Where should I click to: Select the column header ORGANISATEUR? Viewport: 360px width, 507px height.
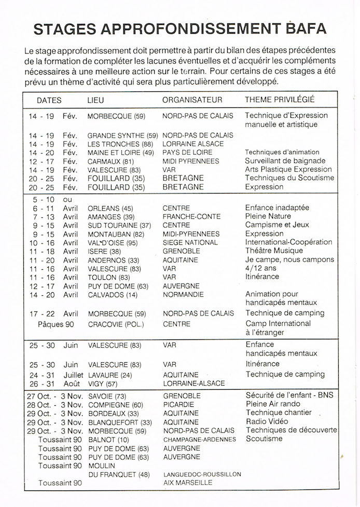pyautogui.click(x=192, y=100)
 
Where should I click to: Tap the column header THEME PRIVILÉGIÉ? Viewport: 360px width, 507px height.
pyautogui.click(x=280, y=100)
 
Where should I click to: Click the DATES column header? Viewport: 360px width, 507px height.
pyautogui.click(x=49, y=100)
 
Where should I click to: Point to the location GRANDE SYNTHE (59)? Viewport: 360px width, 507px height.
pyautogui.click(x=122, y=135)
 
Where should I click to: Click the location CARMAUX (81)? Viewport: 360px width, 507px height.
pyautogui.click(x=109, y=161)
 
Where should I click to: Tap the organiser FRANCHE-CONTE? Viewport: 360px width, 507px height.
pyautogui.click(x=191, y=217)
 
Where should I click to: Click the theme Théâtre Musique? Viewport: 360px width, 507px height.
pyautogui.click(x=274, y=251)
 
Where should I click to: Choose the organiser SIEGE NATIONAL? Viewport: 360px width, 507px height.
pyautogui.click(x=190, y=242)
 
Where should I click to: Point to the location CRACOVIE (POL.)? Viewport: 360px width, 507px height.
pyautogui.click(x=115, y=324)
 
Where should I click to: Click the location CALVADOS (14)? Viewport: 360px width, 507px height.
pyautogui.click(x=113, y=294)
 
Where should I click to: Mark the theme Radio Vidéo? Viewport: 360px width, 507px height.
pyautogui.click(x=267, y=421)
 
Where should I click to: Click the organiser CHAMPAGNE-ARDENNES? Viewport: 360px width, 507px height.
pyautogui.click(x=199, y=439)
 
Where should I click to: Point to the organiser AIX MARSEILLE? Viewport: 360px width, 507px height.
pyautogui.click(x=188, y=483)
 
